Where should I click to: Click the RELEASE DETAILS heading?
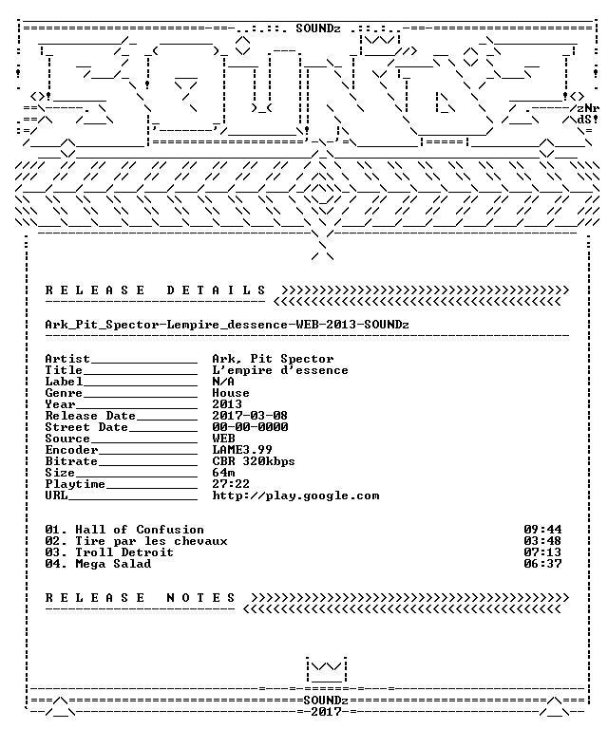(156, 290)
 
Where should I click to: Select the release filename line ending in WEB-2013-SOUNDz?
(227, 325)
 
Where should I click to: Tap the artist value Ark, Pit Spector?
(273, 359)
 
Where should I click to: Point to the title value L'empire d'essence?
(280, 370)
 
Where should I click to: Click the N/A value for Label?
(223, 382)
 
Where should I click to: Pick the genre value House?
(231, 393)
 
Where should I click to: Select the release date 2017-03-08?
(250, 416)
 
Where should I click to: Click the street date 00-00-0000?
(250, 427)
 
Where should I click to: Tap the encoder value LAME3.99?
(242, 450)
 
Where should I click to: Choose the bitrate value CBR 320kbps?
(254, 461)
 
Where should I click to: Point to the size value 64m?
(223, 473)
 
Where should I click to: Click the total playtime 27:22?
(231, 484)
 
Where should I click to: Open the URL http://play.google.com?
(295, 495)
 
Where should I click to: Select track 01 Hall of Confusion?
(124, 530)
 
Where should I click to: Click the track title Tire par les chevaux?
(152, 541)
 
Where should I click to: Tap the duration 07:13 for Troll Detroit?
(542, 552)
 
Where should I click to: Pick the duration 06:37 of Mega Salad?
(542, 564)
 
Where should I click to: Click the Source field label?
(67, 439)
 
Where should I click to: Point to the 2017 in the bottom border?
(326, 712)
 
